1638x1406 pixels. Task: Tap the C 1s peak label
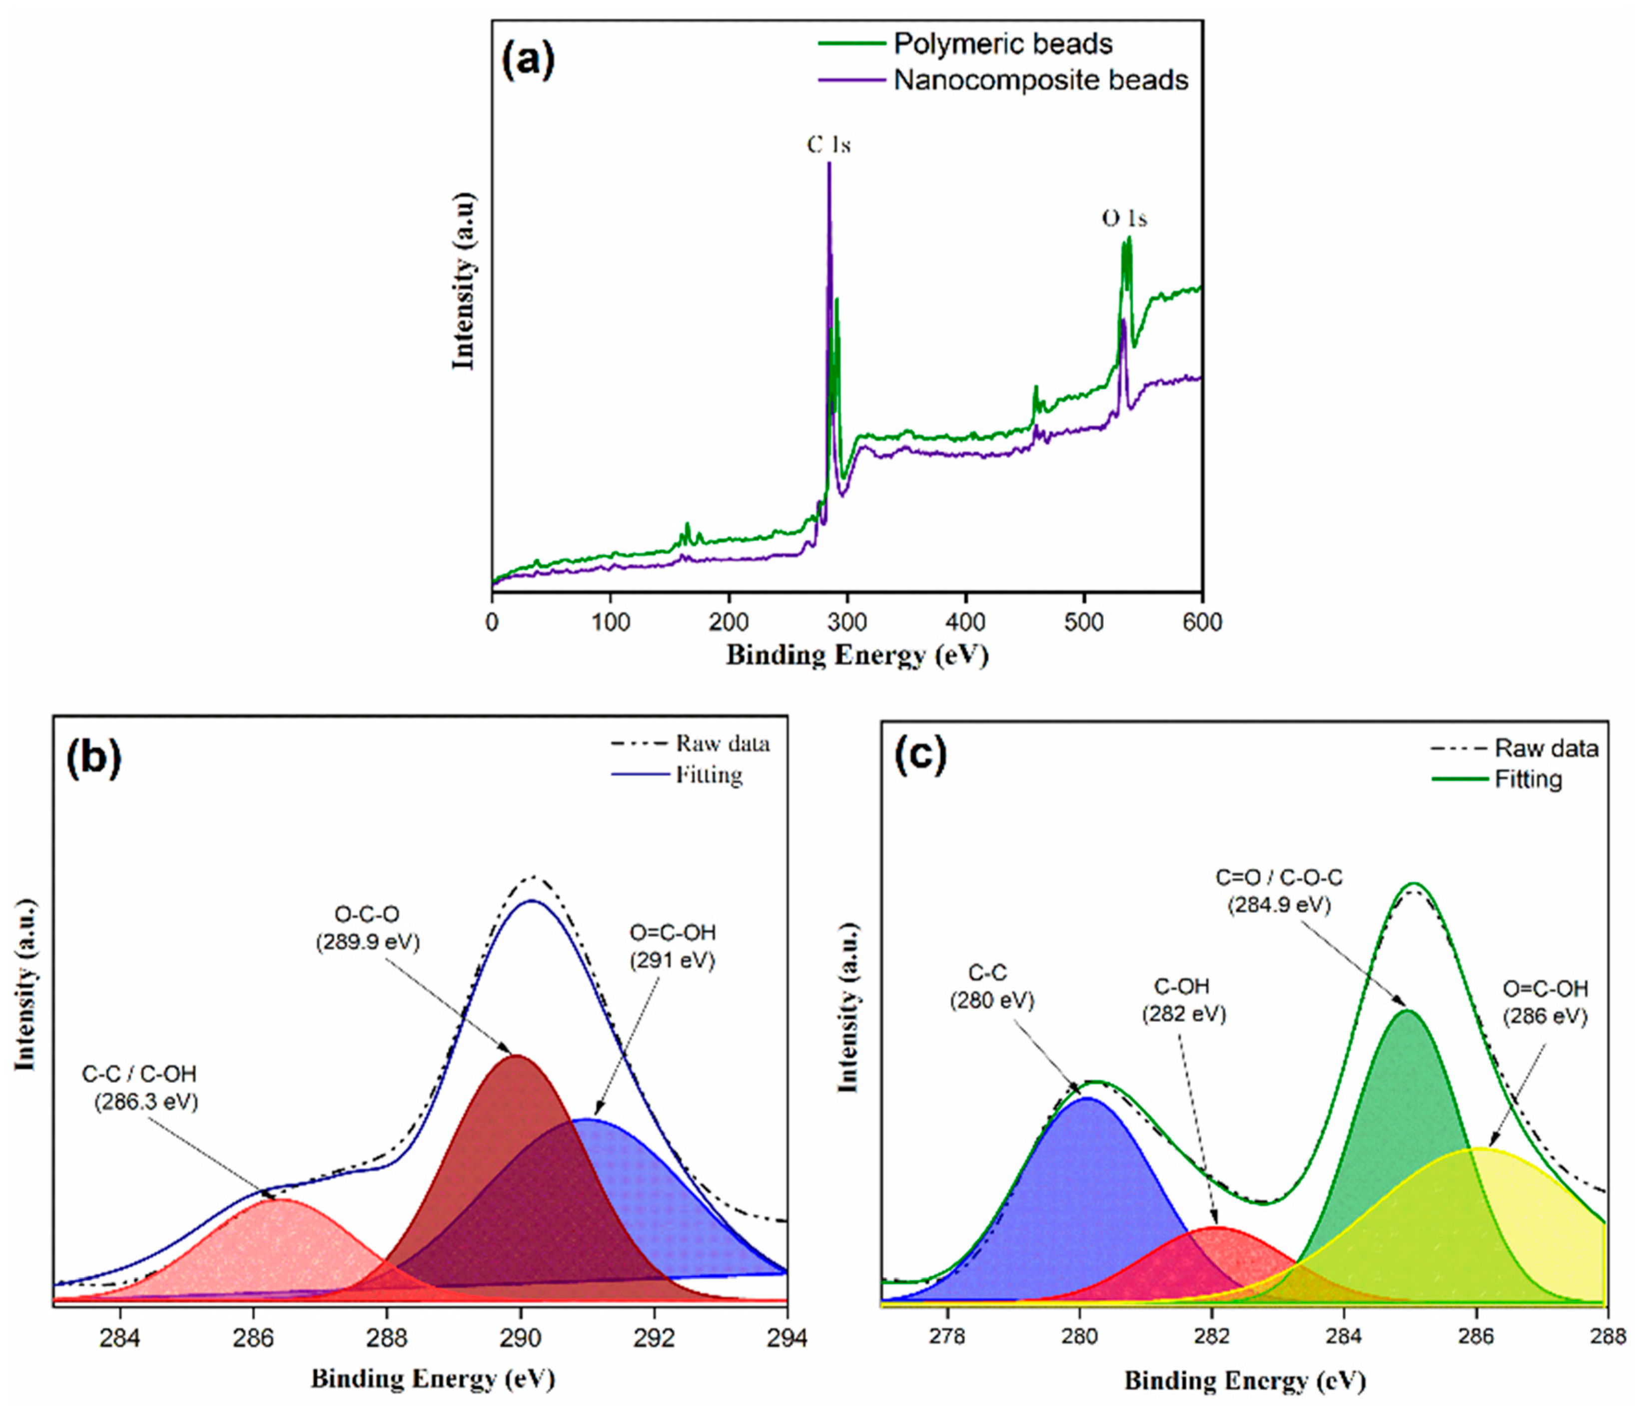[x=828, y=145]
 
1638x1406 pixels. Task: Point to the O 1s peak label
[x=1124, y=218]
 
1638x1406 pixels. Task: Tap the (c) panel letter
[x=919, y=756]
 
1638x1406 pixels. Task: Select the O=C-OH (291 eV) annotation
[x=673, y=946]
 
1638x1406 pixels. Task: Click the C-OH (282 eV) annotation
[x=1183, y=1000]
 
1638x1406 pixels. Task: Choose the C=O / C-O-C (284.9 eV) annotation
[x=1278, y=891]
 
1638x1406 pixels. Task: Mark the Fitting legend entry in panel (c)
[x=1528, y=779]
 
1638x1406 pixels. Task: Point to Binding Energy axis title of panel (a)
[x=857, y=655]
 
